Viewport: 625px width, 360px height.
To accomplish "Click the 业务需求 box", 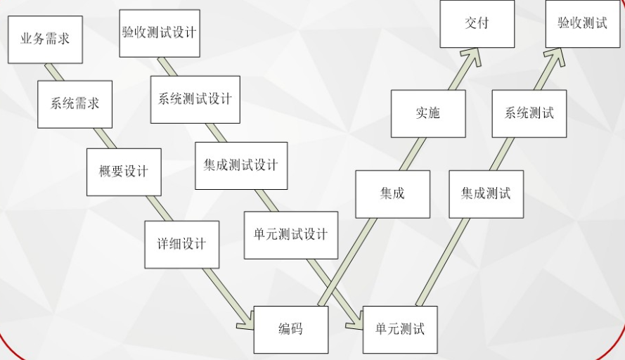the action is (45, 39).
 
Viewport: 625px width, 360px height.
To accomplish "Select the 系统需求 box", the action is (75, 104).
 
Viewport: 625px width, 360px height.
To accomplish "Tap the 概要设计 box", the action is (124, 172).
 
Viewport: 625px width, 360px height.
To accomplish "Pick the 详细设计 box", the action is (181, 245).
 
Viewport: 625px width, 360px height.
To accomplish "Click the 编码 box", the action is (290, 329).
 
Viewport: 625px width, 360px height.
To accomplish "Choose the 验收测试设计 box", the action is (160, 33).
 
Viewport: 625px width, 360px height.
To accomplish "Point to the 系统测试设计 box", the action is (195, 99).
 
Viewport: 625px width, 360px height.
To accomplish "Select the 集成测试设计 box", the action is (241, 165).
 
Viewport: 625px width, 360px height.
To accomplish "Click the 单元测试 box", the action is (400, 329).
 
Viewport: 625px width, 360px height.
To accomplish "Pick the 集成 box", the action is (392, 193).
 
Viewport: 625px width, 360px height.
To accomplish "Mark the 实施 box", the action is (427, 113).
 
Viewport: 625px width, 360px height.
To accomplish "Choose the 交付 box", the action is (477, 23).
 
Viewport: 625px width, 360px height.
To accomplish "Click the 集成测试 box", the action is (486, 193).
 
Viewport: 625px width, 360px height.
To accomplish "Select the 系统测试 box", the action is (529, 113).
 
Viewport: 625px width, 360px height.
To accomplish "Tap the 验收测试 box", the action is (582, 23).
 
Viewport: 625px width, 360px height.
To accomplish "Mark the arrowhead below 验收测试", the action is (555, 57).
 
